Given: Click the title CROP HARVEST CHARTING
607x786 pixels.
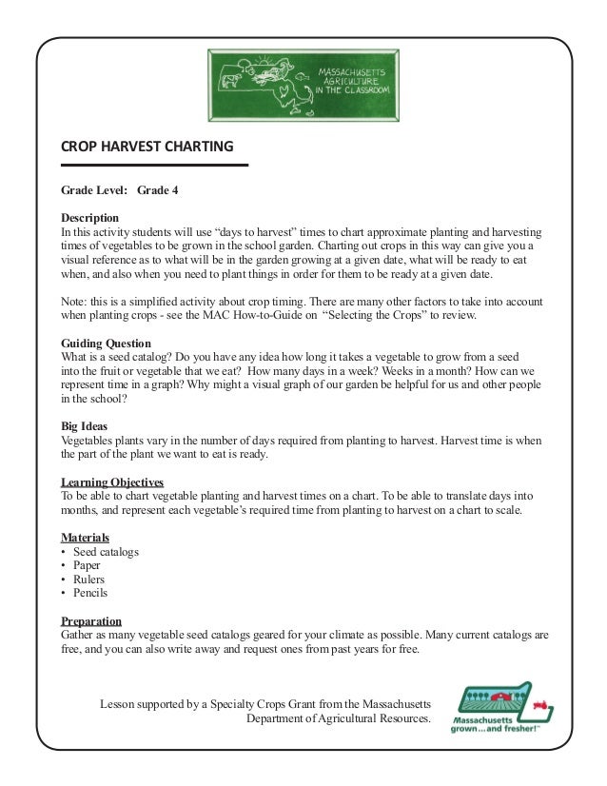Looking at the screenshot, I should (147, 147).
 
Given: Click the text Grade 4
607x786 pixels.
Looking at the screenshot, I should (158, 190).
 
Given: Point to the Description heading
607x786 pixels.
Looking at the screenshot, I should (90, 217).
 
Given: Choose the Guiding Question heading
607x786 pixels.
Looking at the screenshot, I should (106, 344).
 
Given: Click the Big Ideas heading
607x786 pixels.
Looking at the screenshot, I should (85, 426).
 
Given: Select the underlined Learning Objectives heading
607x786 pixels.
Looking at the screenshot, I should (112, 482).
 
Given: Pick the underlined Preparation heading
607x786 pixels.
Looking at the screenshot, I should (91, 620).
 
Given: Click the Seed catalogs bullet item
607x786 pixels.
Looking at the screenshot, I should (106, 552).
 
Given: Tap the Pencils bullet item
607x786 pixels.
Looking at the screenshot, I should (90, 593).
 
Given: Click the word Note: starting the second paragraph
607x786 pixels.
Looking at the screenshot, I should (73, 301).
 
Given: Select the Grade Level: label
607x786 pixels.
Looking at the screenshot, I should (93, 190).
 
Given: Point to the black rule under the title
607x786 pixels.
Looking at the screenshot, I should (154, 166).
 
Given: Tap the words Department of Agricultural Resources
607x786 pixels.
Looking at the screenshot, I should (338, 717).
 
